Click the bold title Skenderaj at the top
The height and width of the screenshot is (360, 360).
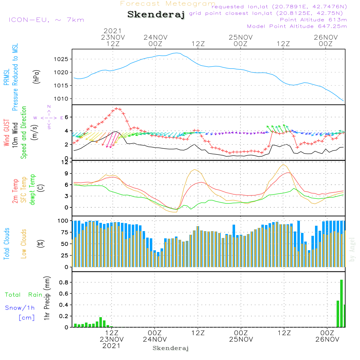coord(156,15)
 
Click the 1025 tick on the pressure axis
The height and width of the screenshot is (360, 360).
coord(63,59)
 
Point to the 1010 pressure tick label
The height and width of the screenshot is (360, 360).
coord(63,99)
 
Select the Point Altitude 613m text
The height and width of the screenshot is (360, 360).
coord(313,20)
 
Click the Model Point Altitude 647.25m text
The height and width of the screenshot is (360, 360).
coord(297,26)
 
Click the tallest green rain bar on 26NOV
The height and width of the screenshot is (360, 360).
coord(341,303)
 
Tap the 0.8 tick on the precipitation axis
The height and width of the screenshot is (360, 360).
coord(64,283)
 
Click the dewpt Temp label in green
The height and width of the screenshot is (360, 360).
coord(32,190)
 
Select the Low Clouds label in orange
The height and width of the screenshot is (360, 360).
coord(24,243)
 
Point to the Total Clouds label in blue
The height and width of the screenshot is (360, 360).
coord(7,244)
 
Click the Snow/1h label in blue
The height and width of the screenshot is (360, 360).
coord(20,308)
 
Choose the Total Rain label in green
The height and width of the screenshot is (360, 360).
coord(24,295)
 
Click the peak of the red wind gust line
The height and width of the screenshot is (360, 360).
coord(116,108)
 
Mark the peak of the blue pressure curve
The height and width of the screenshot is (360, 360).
coord(176,53)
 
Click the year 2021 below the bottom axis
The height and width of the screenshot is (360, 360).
coord(112,346)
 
